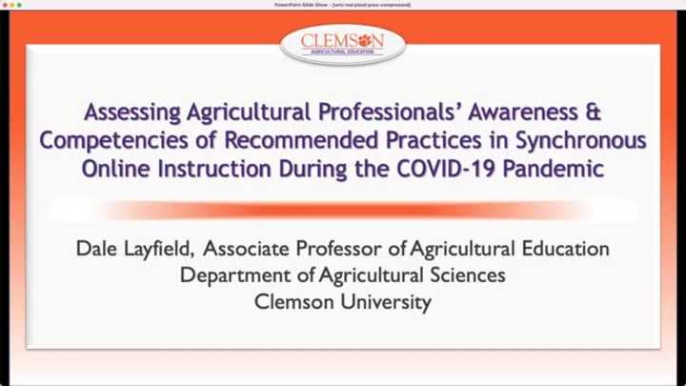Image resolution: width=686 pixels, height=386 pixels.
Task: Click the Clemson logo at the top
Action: point(343,43)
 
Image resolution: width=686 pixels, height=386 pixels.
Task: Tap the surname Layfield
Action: point(162,250)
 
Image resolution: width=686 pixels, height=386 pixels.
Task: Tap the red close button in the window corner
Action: point(5,5)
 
